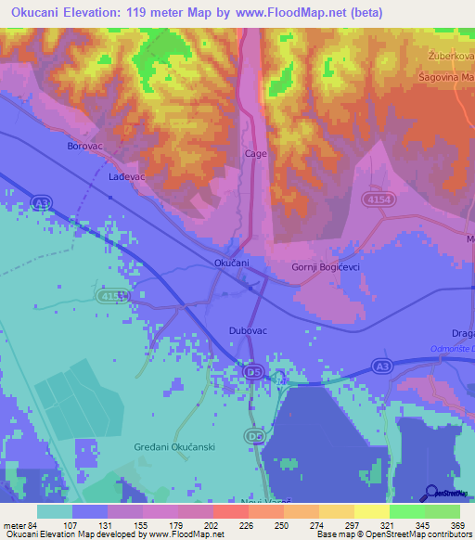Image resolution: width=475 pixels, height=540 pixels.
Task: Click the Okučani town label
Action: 232,264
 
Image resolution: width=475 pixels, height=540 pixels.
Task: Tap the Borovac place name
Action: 84,147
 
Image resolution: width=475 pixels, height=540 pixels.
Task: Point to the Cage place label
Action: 255,154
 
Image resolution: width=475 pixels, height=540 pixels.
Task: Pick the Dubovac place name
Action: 248,330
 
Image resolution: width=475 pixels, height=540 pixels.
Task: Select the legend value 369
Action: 456,524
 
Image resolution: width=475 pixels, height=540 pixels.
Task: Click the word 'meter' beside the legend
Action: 13,524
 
